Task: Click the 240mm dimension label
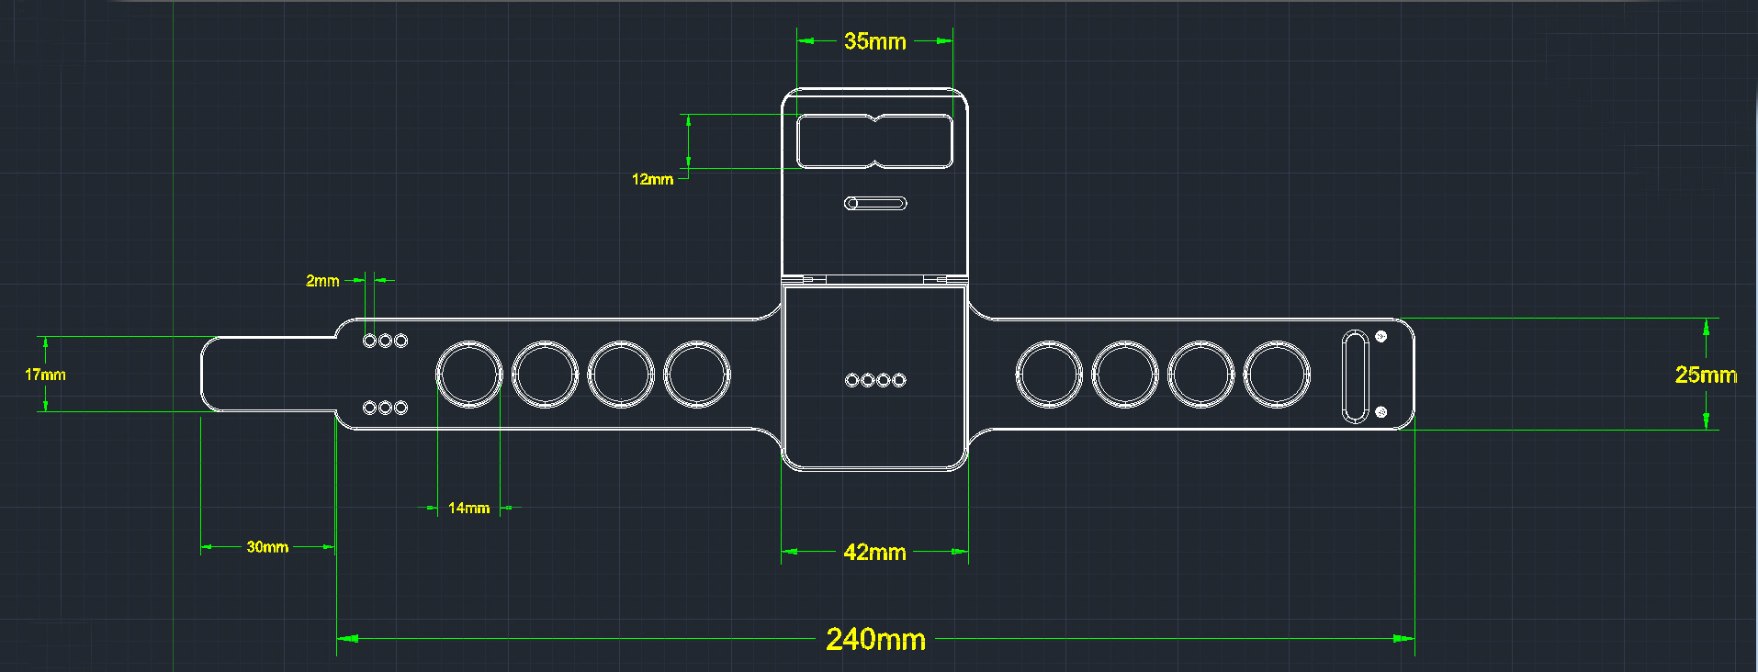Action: (x=875, y=639)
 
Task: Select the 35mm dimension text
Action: (x=874, y=41)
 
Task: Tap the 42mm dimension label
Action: (x=874, y=553)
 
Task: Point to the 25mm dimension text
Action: (x=1706, y=375)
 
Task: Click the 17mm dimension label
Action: (x=45, y=375)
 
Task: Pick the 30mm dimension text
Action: (x=267, y=547)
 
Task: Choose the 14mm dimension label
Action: (x=468, y=508)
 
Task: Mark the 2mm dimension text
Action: (x=322, y=281)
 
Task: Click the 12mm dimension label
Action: (x=652, y=179)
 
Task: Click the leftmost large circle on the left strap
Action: (x=469, y=375)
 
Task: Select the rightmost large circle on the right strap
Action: (x=1277, y=375)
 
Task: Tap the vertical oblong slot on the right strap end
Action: (x=1355, y=375)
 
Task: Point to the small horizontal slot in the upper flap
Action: (x=875, y=203)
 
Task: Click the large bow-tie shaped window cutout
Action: (x=874, y=141)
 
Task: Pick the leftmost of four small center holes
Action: (x=851, y=380)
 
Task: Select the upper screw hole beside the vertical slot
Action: (x=1380, y=337)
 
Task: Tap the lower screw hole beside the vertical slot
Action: (x=1380, y=412)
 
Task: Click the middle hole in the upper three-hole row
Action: (x=385, y=341)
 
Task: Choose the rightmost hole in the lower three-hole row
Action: (x=400, y=408)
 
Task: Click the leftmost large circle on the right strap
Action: (x=1049, y=375)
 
